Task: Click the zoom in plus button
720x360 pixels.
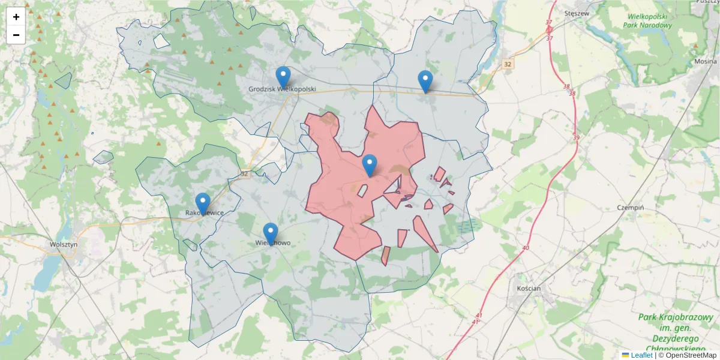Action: click(x=16, y=17)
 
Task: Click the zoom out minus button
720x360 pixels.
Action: click(x=16, y=35)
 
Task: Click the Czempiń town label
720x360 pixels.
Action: click(x=631, y=208)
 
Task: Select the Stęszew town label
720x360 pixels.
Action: click(x=578, y=11)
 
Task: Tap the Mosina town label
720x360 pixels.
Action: click(x=706, y=61)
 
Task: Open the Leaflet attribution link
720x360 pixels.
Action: click(x=641, y=355)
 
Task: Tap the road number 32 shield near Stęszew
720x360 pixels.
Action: click(x=509, y=64)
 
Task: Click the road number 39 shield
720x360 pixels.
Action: click(x=576, y=138)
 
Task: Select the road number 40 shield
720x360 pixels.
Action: click(x=526, y=248)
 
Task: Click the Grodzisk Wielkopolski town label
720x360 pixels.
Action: click(x=282, y=89)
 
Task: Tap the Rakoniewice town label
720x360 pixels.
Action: click(x=205, y=213)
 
